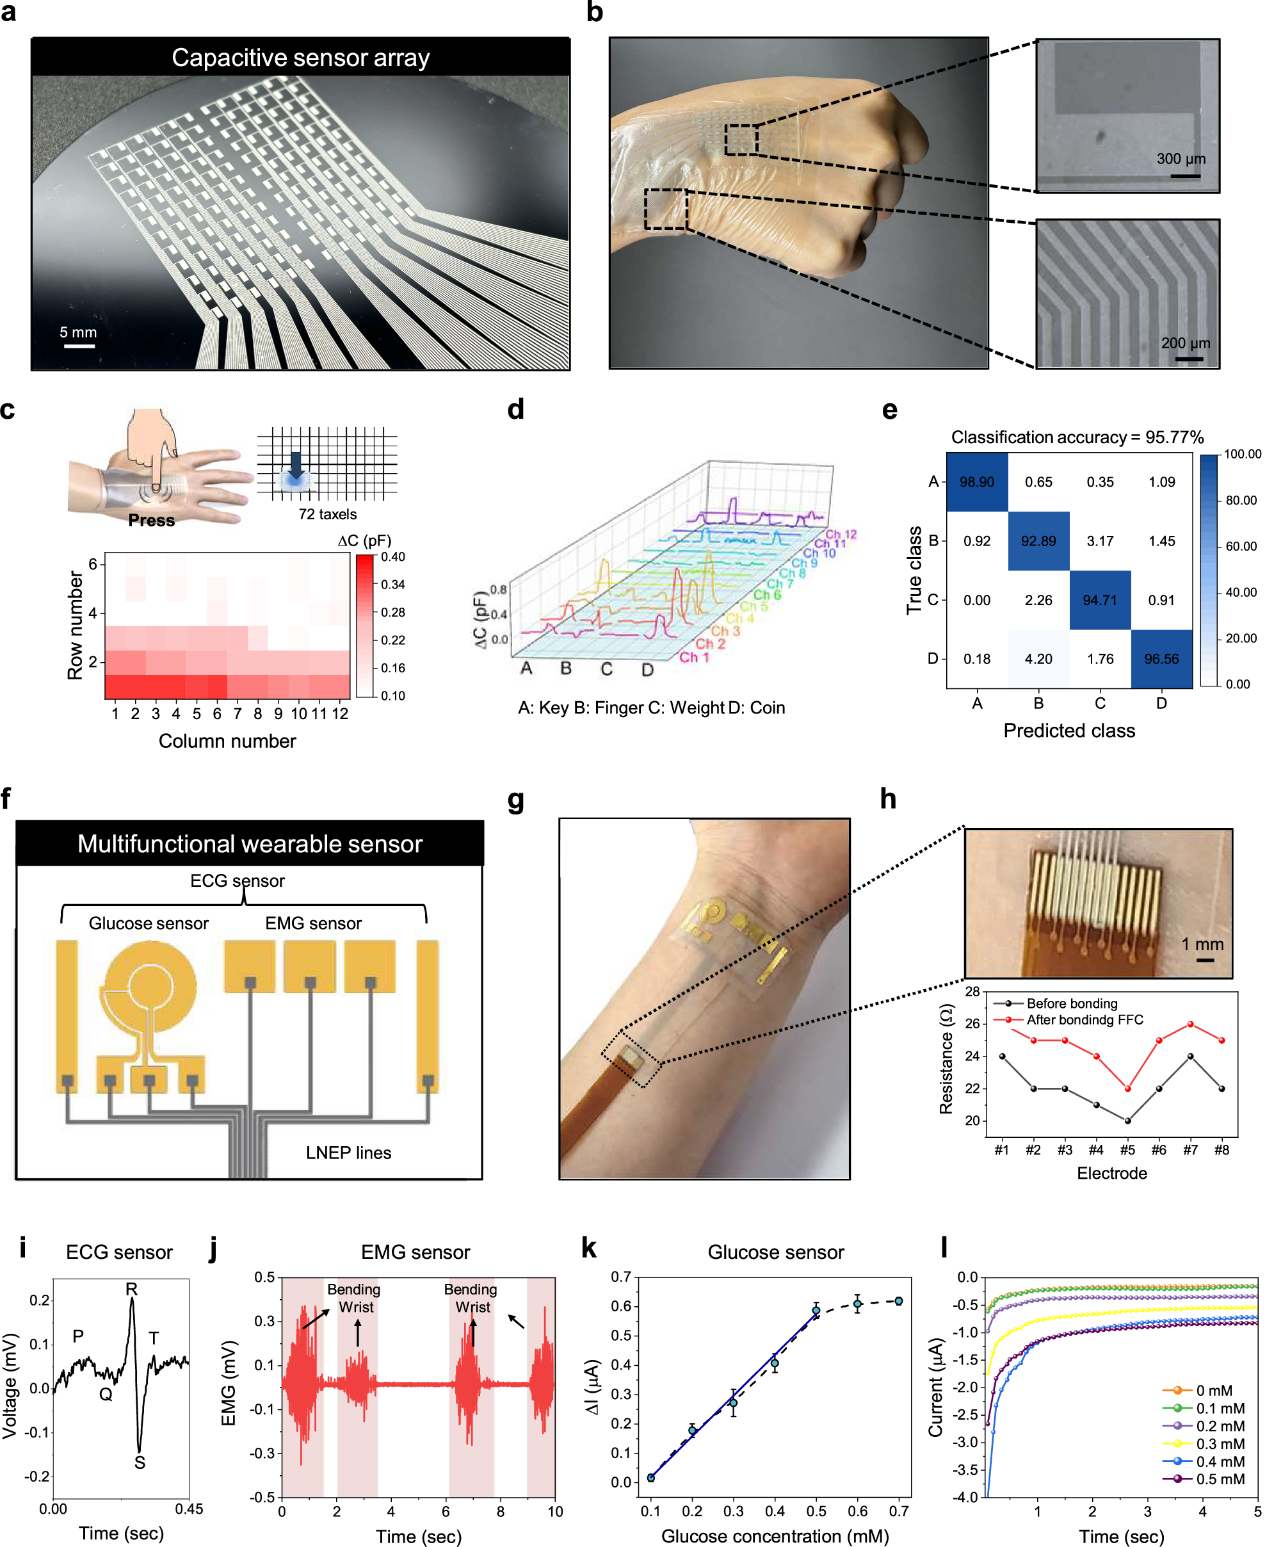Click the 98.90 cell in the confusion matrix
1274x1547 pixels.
(976, 482)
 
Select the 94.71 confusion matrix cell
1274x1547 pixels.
(1099, 601)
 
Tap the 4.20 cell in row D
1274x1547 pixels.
(1038, 659)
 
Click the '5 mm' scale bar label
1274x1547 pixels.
(78, 332)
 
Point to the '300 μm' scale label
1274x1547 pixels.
(1181, 159)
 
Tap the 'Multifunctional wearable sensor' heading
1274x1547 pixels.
(250, 843)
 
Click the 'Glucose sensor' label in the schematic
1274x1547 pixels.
(149, 923)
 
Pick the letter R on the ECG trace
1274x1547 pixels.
(131, 1289)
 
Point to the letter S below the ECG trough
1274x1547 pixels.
(140, 1462)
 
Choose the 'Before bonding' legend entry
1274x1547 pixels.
(1072, 1003)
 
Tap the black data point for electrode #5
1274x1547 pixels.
(1127, 1121)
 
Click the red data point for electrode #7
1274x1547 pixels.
(1190, 1024)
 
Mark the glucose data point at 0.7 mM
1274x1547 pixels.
(899, 1301)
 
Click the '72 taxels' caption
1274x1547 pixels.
(327, 514)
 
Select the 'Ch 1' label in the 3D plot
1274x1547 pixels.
(693, 657)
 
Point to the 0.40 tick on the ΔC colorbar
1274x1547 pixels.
(392, 557)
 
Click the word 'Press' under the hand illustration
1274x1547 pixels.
(151, 521)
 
